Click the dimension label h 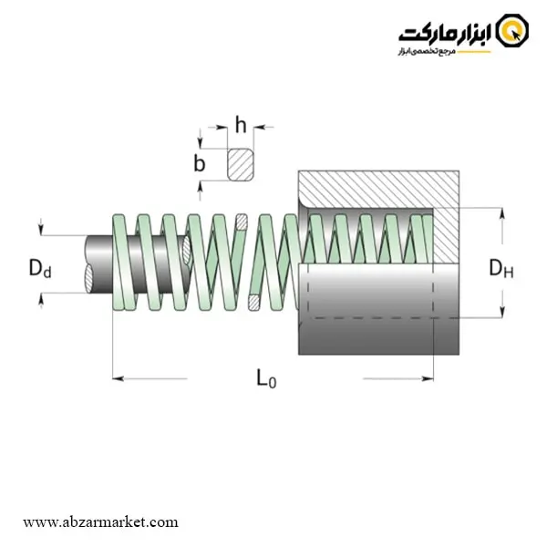pyautogui.click(x=241, y=125)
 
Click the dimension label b pyautogui.click(x=200, y=163)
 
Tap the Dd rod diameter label pyautogui.click(x=40, y=268)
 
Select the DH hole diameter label pyautogui.click(x=501, y=268)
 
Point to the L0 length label pyautogui.click(x=266, y=378)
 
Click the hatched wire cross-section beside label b pyautogui.click(x=241, y=165)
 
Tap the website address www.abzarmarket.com pyautogui.click(x=100, y=522)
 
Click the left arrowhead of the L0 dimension pyautogui.click(x=118, y=378)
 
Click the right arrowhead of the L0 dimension pyautogui.click(x=428, y=378)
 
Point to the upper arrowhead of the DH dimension pyautogui.click(x=502, y=213)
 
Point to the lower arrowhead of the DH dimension pyautogui.click(x=502, y=312)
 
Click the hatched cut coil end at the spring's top pyautogui.click(x=242, y=222)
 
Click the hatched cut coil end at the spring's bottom pyautogui.click(x=253, y=303)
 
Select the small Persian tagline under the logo pyautogui.click(x=427, y=52)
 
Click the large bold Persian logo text pyautogui.click(x=445, y=34)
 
